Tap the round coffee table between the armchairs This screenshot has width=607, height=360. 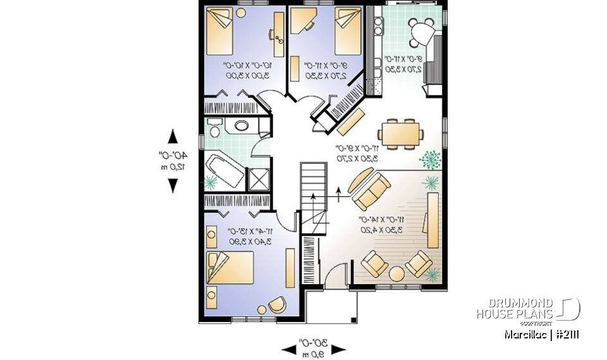[396, 274]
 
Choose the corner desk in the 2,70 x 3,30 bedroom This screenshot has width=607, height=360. [302, 24]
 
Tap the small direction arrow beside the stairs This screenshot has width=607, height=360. [339, 192]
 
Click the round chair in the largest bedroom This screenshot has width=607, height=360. [276, 306]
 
